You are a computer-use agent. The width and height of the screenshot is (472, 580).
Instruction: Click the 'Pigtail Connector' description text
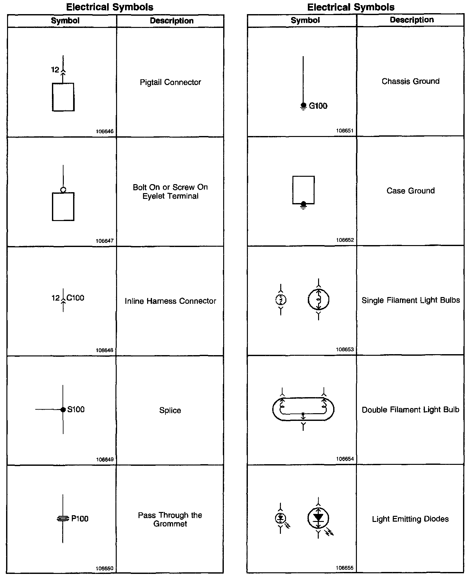coord(170,82)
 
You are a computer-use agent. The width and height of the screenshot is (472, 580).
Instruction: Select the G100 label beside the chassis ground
coord(318,106)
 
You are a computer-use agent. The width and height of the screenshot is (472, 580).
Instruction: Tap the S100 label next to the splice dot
coord(76,409)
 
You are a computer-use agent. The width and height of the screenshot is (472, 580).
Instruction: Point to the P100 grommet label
coord(80,519)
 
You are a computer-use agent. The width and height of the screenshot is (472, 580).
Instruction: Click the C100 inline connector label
coord(75,298)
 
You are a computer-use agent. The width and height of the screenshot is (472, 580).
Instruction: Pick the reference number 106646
coord(105,132)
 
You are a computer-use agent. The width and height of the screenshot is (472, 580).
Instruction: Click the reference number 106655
coord(345,568)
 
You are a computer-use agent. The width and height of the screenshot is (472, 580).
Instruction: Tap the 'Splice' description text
coord(170,410)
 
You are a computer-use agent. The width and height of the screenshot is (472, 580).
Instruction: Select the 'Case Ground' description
coord(410,191)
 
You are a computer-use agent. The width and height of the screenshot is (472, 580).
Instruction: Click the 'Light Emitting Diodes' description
coord(410,519)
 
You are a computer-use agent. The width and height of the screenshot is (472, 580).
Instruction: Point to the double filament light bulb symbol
coord(303,409)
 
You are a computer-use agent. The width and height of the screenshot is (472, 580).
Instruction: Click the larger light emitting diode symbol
coord(318,517)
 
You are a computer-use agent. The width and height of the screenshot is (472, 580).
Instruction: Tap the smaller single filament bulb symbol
coord(281,300)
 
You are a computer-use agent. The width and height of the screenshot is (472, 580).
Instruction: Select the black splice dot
coord(63,409)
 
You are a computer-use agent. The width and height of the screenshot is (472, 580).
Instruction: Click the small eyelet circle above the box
coord(63,190)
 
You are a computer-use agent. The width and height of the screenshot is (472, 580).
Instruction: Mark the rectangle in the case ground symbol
coord(303,190)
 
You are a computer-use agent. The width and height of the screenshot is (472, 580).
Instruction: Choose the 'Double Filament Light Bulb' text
coord(410,410)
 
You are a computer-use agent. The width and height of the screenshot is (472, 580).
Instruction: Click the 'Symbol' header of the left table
coord(65,21)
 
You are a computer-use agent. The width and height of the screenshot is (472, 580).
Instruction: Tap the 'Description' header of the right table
coord(412,20)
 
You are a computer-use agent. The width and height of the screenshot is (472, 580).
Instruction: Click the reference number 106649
coord(105,459)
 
